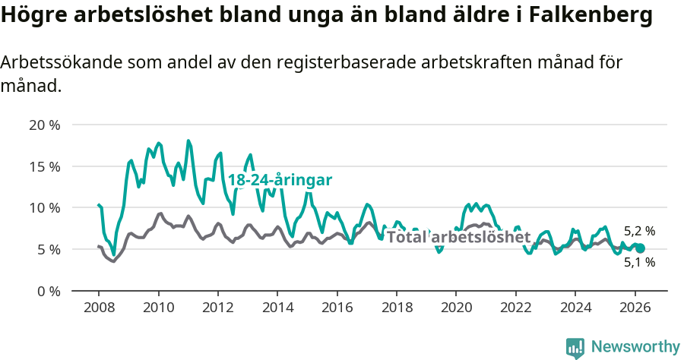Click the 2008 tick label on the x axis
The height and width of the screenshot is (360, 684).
click(99, 308)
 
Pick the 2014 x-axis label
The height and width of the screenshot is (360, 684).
click(277, 308)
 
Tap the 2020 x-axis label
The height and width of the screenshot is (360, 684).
click(456, 308)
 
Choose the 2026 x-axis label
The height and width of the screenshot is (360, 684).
click(635, 308)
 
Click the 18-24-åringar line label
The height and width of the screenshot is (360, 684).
click(280, 181)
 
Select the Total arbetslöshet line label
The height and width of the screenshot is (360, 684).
click(458, 237)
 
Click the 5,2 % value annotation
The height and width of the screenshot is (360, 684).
click(639, 231)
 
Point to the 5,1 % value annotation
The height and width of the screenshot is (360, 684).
click(639, 263)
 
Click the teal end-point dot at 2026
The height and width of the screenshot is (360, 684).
click(640, 248)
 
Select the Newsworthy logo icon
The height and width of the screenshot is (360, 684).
click(575, 348)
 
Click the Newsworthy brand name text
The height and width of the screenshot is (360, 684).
click(635, 347)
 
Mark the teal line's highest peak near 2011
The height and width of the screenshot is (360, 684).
click(188, 141)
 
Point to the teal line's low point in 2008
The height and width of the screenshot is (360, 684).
click(113, 255)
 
